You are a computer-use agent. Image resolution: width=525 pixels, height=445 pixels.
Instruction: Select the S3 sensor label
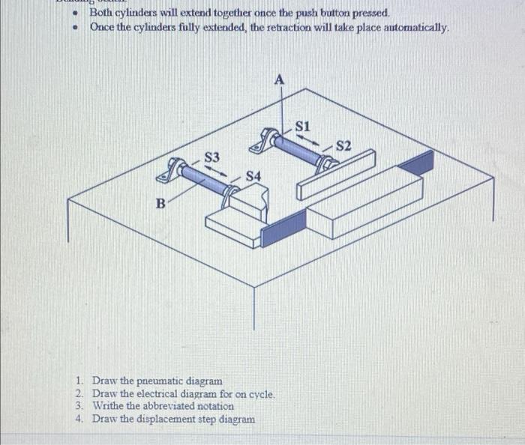212,157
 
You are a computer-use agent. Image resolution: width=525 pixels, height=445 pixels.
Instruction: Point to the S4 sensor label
254,175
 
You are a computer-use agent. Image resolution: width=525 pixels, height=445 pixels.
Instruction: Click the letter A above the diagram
280,79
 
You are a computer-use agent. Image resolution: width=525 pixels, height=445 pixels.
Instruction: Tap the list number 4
79,419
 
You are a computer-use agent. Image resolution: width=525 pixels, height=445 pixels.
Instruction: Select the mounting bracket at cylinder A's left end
266,140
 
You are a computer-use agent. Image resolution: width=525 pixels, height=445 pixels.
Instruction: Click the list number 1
79,381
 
